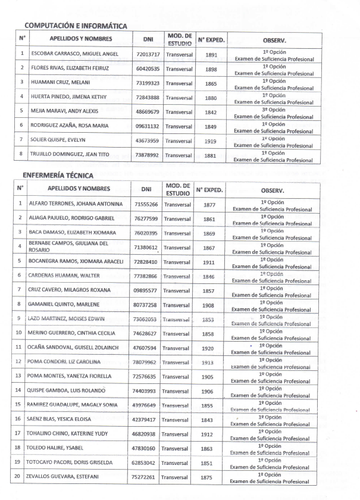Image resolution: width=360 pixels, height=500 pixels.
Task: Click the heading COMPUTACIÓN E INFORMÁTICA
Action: [76, 26]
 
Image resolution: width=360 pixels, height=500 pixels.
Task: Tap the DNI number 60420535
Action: [148, 69]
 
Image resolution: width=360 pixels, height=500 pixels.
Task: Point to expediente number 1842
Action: [211, 112]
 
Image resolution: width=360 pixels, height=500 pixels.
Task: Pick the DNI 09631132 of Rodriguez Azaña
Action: [148, 126]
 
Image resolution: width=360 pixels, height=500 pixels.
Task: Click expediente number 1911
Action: [209, 261]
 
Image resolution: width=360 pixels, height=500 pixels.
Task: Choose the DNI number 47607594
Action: [146, 347]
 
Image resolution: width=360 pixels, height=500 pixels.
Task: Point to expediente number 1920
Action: [208, 348]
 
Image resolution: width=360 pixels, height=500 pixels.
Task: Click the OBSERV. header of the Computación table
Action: [274, 40]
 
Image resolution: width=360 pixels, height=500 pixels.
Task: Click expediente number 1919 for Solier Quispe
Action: [211, 140]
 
